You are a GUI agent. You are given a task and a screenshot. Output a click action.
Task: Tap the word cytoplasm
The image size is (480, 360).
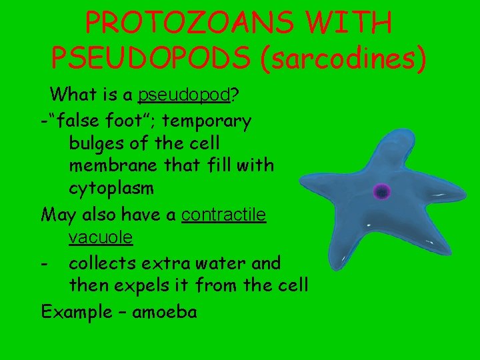111,188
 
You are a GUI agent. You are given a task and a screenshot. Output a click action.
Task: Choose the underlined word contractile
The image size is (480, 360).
224,215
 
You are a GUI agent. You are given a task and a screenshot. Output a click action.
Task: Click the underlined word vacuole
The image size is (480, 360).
100,237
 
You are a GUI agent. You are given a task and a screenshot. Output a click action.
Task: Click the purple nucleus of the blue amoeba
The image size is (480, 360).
381,192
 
